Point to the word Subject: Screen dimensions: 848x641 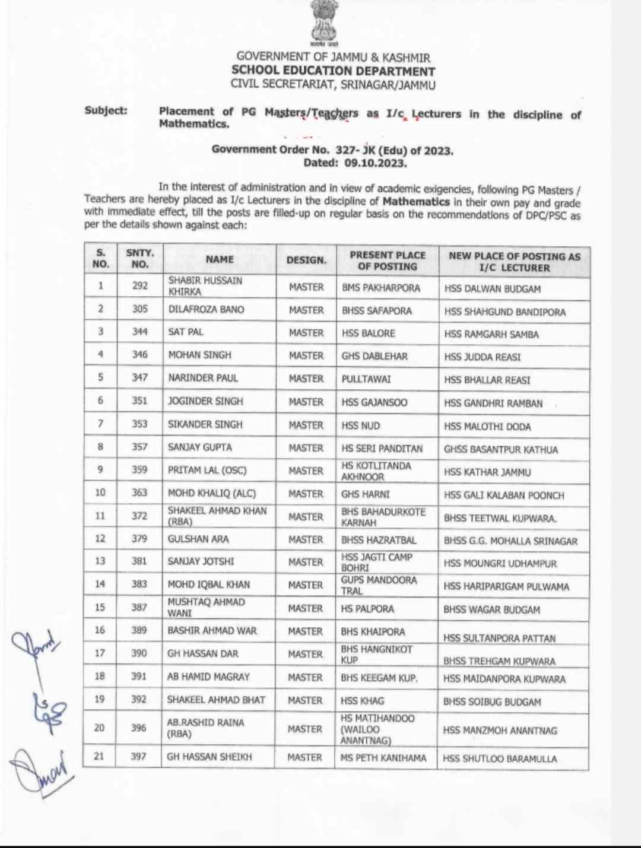point(106,110)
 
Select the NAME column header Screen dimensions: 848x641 point(220,259)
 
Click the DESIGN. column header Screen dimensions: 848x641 point(306,260)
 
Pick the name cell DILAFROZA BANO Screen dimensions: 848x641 point(206,309)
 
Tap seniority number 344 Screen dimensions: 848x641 point(139,332)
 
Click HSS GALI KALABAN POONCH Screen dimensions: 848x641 point(504,496)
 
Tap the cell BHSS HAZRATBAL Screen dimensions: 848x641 point(379,540)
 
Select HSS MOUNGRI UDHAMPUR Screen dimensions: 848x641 point(500,564)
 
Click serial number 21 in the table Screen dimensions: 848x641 point(99,756)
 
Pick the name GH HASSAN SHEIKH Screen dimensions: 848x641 point(210,757)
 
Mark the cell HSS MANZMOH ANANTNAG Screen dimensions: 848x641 point(500,731)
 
